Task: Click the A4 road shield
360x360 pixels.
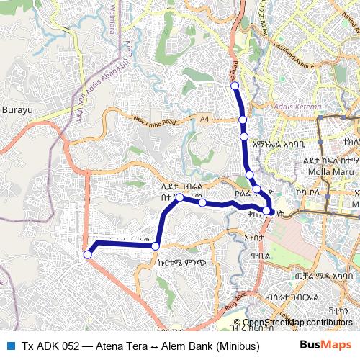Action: (205, 118)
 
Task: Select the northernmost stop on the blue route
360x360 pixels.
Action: (234, 86)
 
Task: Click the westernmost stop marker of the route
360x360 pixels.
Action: (88, 253)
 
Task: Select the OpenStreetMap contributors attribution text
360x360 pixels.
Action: (298, 323)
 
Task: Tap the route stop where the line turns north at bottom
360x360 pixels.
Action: (156, 246)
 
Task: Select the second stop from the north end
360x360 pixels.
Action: (243, 119)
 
